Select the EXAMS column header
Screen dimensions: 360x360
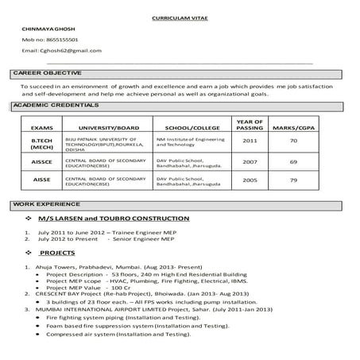pyautogui.click(x=41, y=128)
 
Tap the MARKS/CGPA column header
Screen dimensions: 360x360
pyautogui.click(x=294, y=128)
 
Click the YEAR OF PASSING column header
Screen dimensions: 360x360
pyautogui.click(x=250, y=124)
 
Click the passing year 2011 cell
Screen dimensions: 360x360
pyautogui.click(x=250, y=141)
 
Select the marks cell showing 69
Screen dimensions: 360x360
pyautogui.click(x=293, y=161)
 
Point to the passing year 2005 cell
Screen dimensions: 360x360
pyautogui.click(x=250, y=180)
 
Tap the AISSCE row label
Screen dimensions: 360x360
pyautogui.click(x=41, y=161)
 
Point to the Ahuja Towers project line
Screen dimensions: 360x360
pyautogui.click(x=115, y=268)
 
